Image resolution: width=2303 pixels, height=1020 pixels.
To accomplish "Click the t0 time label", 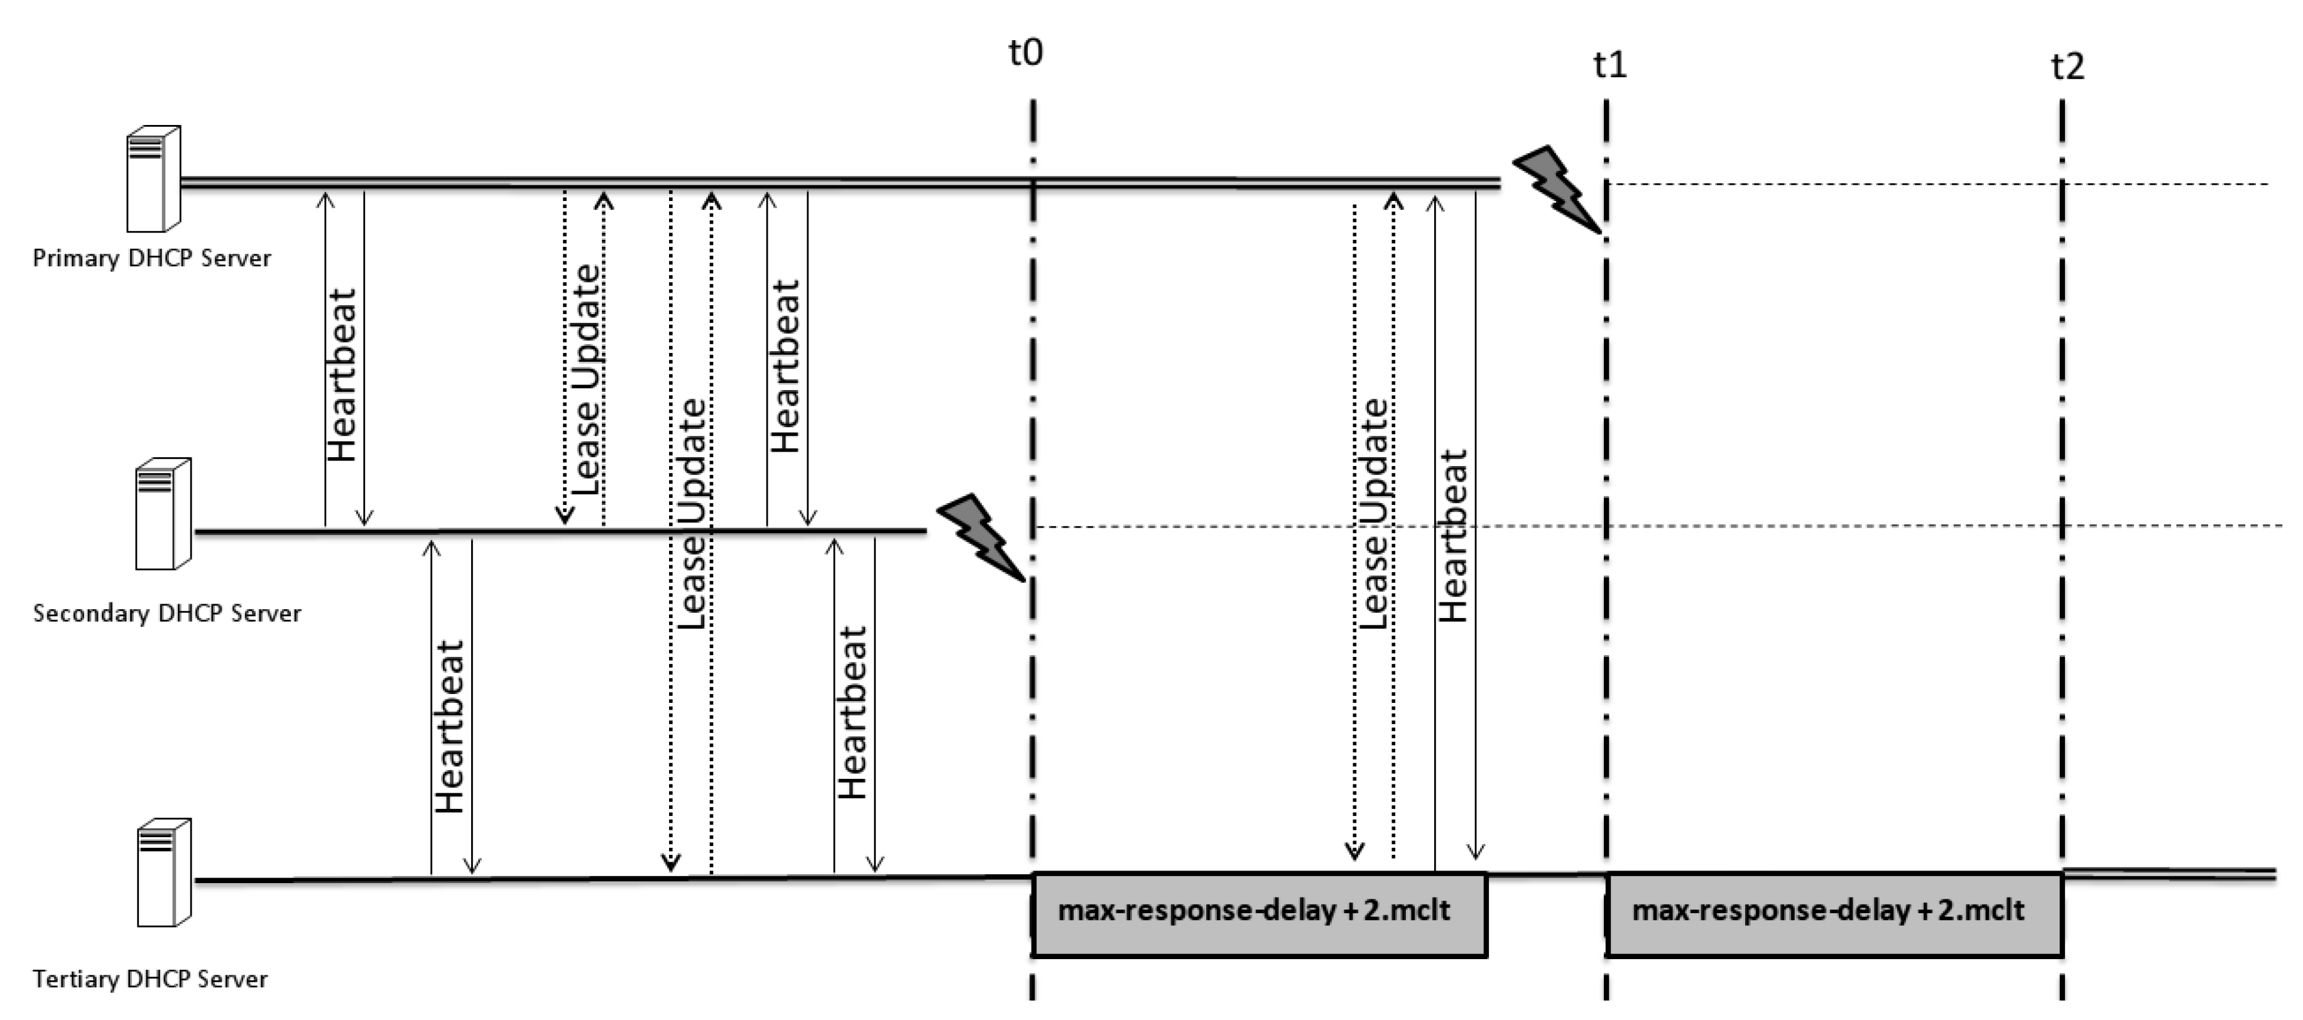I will pyautogui.click(x=1025, y=53).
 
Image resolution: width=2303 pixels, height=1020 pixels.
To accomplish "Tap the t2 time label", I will pyautogui.click(x=2067, y=66).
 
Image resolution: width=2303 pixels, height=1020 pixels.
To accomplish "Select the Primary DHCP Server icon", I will pyautogui.click(x=153, y=179).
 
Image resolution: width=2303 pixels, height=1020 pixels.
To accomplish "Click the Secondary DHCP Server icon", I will pyautogui.click(x=163, y=513).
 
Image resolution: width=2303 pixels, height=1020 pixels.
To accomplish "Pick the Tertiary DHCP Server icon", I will pyautogui.click(x=163, y=872).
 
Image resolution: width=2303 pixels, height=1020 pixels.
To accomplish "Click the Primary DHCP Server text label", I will pyautogui.click(x=151, y=258).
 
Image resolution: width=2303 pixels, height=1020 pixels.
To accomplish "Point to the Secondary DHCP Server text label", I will pyautogui.click(x=166, y=613).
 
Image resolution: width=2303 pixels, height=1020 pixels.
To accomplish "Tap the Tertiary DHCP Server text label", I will pyautogui.click(x=150, y=979).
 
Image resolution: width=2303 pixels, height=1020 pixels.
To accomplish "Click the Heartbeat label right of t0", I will pyautogui.click(x=1453, y=536).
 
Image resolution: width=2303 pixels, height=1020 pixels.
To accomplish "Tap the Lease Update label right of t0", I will pyautogui.click(x=1374, y=514).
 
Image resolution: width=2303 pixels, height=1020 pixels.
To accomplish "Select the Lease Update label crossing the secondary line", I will pyautogui.click(x=692, y=514).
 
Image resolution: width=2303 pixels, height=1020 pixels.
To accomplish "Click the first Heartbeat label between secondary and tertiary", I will pyautogui.click(x=450, y=726).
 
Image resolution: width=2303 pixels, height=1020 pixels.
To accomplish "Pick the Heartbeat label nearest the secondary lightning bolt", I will pyautogui.click(x=852, y=712).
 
